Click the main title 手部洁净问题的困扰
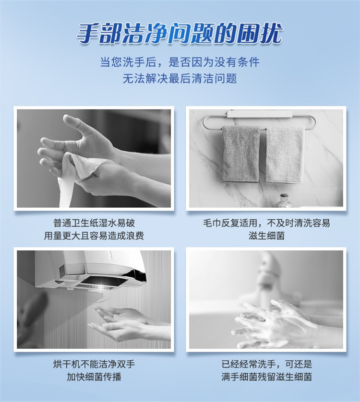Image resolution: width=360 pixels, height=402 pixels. click(x=180, y=34)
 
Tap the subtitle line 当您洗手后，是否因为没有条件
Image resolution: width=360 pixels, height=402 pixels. click(x=180, y=62)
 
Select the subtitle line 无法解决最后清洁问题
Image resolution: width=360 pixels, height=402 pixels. click(x=180, y=79)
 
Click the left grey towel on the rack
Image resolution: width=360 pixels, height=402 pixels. click(x=240, y=154)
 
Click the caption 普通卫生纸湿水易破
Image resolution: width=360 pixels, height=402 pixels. click(x=94, y=223)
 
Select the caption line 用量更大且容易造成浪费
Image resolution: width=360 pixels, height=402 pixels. click(x=94, y=236)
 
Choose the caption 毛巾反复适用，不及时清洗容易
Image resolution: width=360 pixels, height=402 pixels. click(x=266, y=223)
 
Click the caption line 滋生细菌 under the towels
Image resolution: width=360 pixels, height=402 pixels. click(x=266, y=236)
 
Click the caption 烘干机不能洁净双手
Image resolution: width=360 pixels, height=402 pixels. click(x=94, y=364)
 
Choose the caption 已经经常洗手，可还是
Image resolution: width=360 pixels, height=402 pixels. click(x=267, y=364)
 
